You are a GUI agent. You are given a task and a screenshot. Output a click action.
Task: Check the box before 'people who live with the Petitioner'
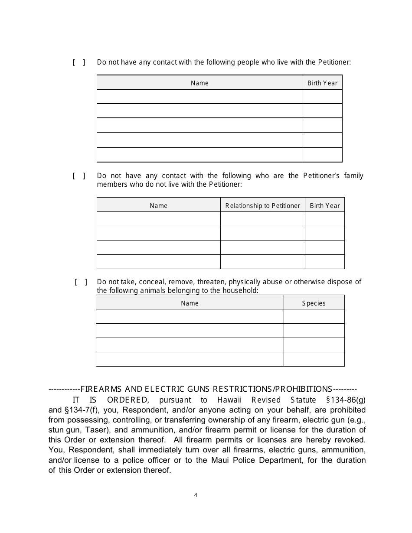(x=78, y=62)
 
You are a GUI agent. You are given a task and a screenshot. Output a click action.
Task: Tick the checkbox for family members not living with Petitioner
(x=78, y=176)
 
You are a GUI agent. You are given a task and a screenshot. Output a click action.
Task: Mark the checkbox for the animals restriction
(x=81, y=282)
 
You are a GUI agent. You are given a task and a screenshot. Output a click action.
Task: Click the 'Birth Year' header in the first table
(x=322, y=83)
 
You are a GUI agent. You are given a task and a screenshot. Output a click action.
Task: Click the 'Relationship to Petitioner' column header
(x=262, y=206)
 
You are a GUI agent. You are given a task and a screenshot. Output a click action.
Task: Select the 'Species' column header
(x=314, y=303)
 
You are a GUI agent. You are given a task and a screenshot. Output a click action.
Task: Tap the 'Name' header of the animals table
(x=190, y=303)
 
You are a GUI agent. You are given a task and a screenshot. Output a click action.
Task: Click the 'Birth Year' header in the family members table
(x=324, y=206)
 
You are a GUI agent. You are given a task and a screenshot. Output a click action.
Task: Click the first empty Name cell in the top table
(x=199, y=97)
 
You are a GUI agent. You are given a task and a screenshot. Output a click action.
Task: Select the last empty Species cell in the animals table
(x=314, y=359)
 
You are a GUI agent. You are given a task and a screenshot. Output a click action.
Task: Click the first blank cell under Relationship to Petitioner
(x=262, y=219)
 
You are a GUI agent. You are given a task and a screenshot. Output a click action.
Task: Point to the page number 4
(x=196, y=495)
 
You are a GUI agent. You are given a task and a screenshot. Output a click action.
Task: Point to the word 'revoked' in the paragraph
(x=350, y=440)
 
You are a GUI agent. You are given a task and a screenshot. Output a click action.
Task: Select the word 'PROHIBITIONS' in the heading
(x=304, y=389)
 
